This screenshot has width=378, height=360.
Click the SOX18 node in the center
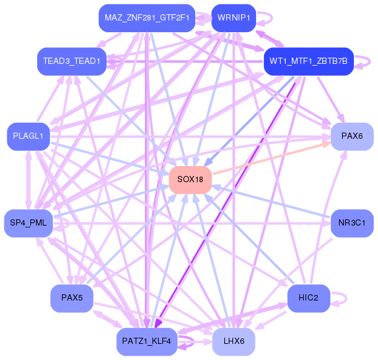coord(190,180)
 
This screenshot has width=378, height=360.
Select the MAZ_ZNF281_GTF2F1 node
coord(147,18)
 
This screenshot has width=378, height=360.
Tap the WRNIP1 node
coord(234,18)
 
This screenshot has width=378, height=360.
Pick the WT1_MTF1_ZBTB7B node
coord(309,61)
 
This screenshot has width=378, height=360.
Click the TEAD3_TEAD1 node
coord(72,61)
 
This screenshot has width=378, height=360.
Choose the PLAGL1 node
coord(29,136)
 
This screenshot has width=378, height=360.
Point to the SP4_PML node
coord(29,223)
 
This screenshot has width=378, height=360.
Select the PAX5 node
coord(72,298)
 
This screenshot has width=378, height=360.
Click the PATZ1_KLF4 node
coord(147,341)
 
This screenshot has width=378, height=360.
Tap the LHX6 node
coord(234,341)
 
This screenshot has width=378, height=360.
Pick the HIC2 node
coord(309,298)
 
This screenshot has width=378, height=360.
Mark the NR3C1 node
coord(352,223)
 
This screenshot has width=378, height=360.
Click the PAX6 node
coord(352,136)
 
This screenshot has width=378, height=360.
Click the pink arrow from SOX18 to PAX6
coord(271,158)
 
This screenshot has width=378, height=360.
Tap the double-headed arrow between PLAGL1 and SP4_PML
coord(29,180)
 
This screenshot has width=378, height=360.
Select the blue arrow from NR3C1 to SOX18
coord(271,201)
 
